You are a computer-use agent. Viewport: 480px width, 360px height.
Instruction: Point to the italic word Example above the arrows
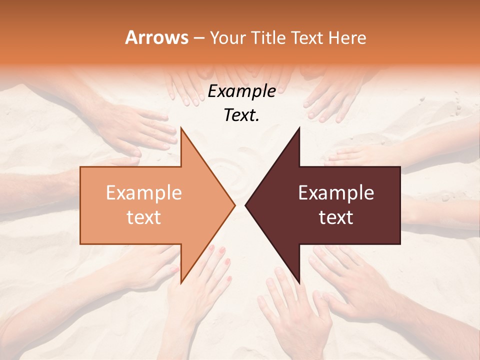(x=242, y=91)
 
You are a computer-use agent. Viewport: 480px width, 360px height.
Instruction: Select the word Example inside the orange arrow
(x=144, y=193)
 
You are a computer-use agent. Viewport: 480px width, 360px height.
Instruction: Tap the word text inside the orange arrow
(x=144, y=217)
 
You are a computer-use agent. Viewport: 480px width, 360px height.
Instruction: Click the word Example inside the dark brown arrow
(x=336, y=193)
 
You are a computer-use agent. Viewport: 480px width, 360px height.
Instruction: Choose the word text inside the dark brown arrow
(x=336, y=217)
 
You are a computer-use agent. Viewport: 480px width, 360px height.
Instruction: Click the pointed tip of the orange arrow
(x=234, y=205)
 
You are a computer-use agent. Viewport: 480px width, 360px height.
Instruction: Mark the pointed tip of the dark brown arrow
(x=245, y=205)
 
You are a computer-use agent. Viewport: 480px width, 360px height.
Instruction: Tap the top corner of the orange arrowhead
(x=181, y=128)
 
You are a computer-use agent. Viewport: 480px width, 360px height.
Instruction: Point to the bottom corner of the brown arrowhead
(x=299, y=283)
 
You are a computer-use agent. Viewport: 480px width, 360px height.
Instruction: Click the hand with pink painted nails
(x=210, y=270)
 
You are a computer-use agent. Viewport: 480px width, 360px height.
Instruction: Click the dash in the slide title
(x=198, y=38)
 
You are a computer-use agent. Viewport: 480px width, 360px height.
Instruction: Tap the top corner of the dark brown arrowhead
(x=299, y=128)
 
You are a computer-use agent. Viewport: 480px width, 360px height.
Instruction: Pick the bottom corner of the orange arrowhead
(x=181, y=283)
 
